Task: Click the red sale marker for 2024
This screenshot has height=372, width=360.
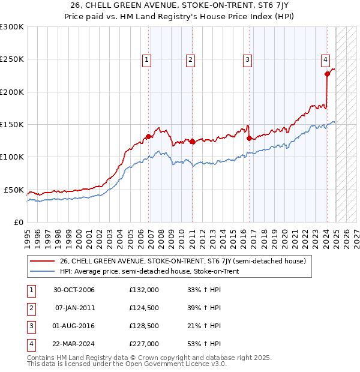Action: (x=327, y=74)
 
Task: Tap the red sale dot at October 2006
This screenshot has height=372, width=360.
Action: (x=148, y=136)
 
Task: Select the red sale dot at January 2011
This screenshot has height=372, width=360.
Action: (x=192, y=142)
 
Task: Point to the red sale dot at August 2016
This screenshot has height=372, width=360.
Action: (x=249, y=137)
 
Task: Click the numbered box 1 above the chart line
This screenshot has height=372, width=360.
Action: (x=147, y=59)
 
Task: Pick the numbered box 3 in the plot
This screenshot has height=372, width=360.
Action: (x=247, y=59)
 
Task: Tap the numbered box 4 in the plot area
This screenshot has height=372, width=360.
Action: (x=325, y=59)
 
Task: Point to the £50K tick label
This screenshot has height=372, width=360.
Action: (x=14, y=190)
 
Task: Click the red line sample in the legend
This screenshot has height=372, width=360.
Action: (x=42, y=261)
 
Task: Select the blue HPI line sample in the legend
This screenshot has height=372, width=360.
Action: (x=42, y=271)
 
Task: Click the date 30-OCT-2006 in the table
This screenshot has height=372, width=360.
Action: (x=74, y=290)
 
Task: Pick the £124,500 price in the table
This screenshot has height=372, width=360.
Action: (x=144, y=308)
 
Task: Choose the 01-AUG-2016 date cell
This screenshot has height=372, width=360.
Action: (x=74, y=326)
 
